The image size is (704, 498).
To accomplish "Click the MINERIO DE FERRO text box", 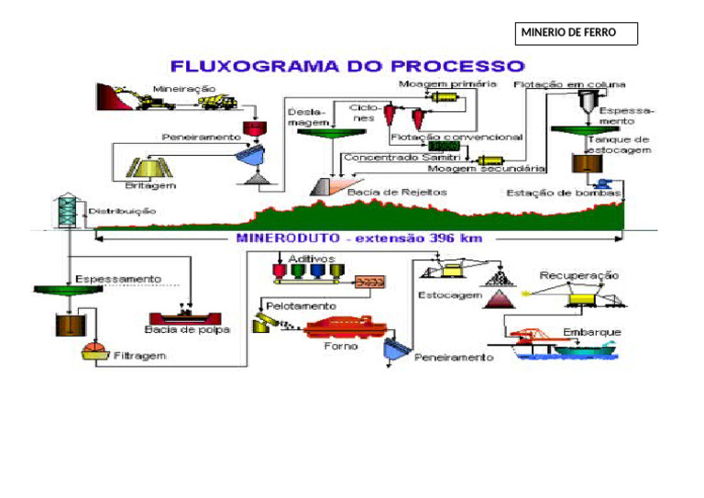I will (x=577, y=34).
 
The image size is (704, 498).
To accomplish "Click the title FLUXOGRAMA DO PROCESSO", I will (x=348, y=66).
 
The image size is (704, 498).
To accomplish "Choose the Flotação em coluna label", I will (x=562, y=84).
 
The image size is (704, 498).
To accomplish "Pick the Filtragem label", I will (x=139, y=356).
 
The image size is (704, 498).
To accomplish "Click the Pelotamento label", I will (x=301, y=304).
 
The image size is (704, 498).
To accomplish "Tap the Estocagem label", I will (x=449, y=295).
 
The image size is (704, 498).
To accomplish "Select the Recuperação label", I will (x=578, y=274).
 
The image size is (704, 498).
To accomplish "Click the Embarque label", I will (x=592, y=331).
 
